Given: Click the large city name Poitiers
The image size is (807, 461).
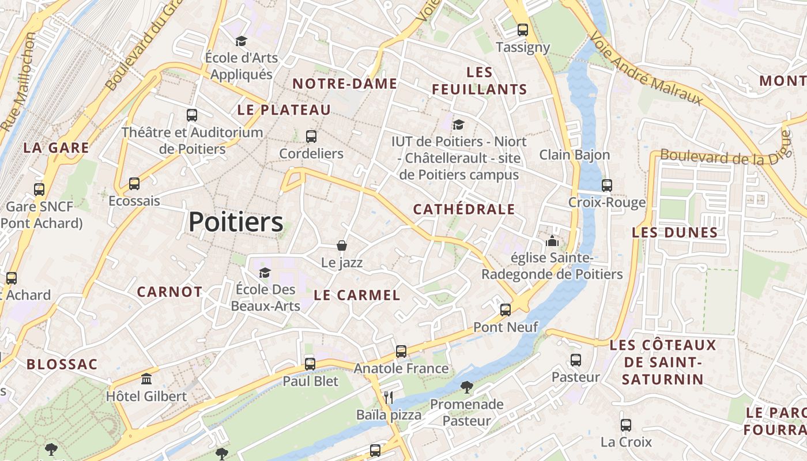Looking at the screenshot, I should click(x=236, y=222).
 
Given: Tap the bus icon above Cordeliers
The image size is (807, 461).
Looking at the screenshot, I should click(x=311, y=137).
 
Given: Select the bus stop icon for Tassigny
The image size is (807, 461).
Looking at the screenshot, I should click(x=523, y=30).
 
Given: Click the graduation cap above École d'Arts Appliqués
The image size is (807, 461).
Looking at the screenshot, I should click(x=241, y=41).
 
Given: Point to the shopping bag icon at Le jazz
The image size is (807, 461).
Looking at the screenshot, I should click(x=342, y=245).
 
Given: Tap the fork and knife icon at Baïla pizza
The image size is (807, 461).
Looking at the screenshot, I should click(x=389, y=397).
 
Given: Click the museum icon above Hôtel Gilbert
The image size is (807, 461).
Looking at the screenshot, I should click(x=146, y=379).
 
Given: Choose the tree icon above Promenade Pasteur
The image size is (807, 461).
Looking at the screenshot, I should click(x=466, y=387).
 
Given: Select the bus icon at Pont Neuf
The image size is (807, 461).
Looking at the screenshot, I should click(x=506, y=310).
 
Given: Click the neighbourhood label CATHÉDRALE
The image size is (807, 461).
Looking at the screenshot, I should click(x=464, y=209).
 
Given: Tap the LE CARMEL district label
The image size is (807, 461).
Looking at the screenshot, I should click(x=357, y=296).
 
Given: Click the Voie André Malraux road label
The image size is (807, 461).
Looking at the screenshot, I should click(x=646, y=68).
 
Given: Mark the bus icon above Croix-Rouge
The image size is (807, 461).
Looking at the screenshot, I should click(x=607, y=186).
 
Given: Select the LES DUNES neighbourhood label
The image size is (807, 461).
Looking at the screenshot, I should click(x=674, y=233).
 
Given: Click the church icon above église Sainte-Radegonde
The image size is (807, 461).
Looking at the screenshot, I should click(x=552, y=241).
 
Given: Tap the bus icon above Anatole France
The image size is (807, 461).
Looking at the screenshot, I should click(x=401, y=352).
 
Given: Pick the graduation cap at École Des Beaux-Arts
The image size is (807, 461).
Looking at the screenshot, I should click(x=265, y=273).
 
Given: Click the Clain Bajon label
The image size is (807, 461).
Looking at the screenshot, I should click(x=574, y=155).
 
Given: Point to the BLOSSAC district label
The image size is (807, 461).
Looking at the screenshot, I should click(x=62, y=365).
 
